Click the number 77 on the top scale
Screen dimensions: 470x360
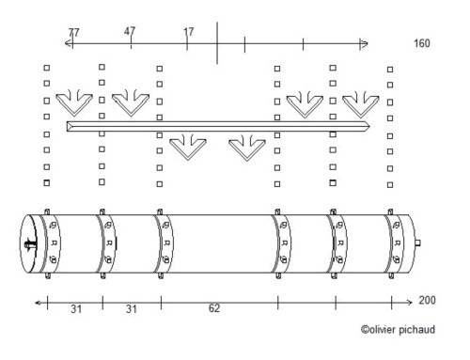pyautogui.click(x=74, y=33)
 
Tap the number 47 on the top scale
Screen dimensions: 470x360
pyautogui.click(x=130, y=31)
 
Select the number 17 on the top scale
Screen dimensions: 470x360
pyautogui.click(x=189, y=32)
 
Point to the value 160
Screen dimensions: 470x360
pyautogui.click(x=422, y=43)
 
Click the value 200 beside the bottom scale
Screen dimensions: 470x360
pyautogui.click(x=427, y=300)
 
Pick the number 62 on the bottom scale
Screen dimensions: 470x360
pyautogui.click(x=214, y=308)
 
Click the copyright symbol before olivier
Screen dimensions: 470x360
pyautogui.click(x=365, y=330)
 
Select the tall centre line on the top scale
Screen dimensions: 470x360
pyautogui.click(x=217, y=43)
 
